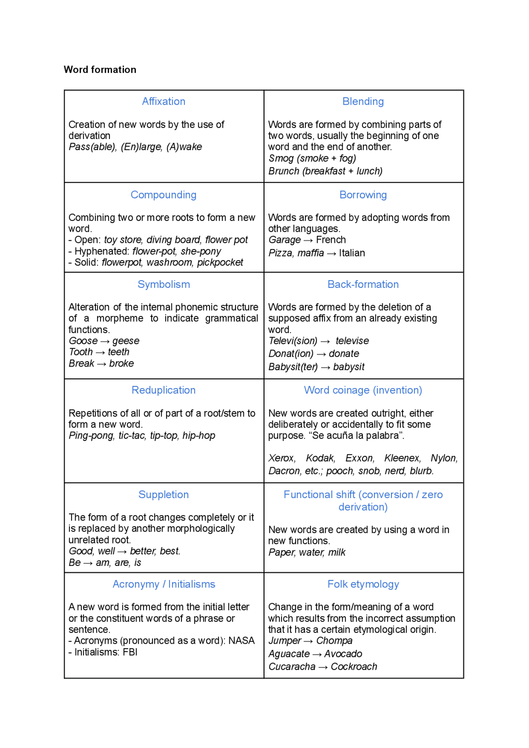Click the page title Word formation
(x=100, y=70)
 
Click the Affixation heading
(x=164, y=101)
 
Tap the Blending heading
(x=363, y=101)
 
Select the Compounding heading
(x=164, y=195)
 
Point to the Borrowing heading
(x=363, y=195)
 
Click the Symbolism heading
(x=164, y=285)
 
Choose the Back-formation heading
(x=363, y=285)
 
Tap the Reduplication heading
(x=164, y=391)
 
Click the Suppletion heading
(x=164, y=495)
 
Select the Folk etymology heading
(x=363, y=584)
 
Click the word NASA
(x=241, y=641)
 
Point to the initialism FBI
(x=130, y=652)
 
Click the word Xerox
(x=282, y=458)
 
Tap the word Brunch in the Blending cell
(x=284, y=171)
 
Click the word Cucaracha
(x=292, y=667)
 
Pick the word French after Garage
(x=331, y=240)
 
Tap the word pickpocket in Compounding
(x=220, y=263)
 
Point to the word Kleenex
(x=402, y=458)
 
